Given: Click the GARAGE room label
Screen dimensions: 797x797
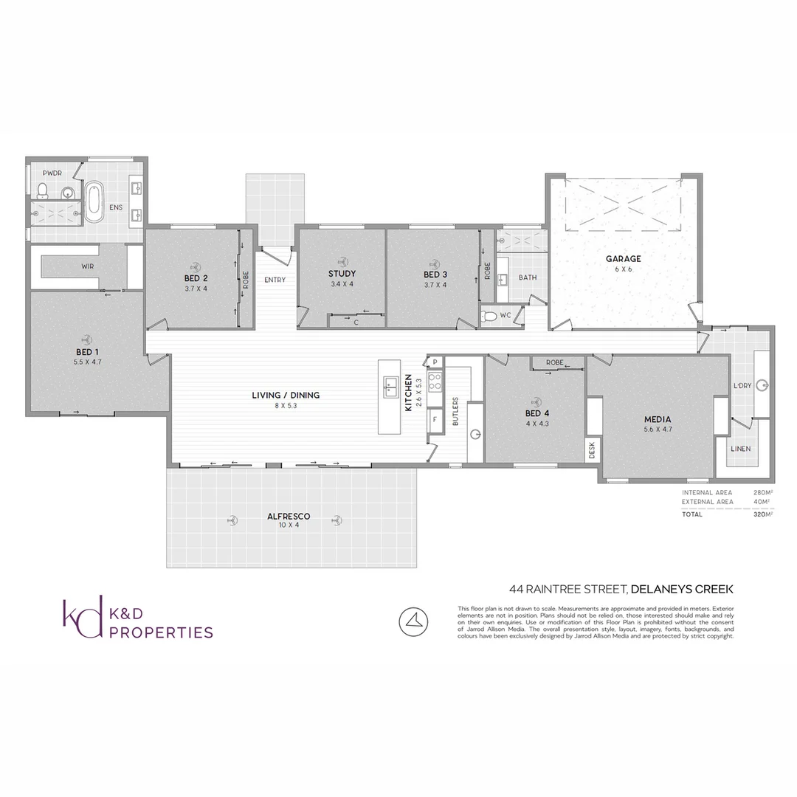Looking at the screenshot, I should pyautogui.click(x=623, y=259).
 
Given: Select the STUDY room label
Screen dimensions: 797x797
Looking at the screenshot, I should pyautogui.click(x=342, y=274).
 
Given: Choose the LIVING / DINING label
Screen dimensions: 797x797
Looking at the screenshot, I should pyautogui.click(x=286, y=396).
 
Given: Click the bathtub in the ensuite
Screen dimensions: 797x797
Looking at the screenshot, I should pyautogui.click(x=94, y=203).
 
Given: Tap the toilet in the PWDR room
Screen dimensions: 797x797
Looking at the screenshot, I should pyautogui.click(x=43, y=191).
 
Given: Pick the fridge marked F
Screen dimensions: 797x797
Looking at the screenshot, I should pyautogui.click(x=435, y=419).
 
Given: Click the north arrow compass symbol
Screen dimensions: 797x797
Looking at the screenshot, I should pyautogui.click(x=414, y=622).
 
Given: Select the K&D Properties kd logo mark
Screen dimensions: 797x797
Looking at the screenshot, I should pyautogui.click(x=82, y=618).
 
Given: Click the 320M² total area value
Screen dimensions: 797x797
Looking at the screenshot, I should pyautogui.click(x=762, y=514).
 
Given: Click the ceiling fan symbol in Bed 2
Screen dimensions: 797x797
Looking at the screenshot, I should pyautogui.click(x=196, y=267).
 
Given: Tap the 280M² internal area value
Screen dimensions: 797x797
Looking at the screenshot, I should pyautogui.click(x=762, y=492).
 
